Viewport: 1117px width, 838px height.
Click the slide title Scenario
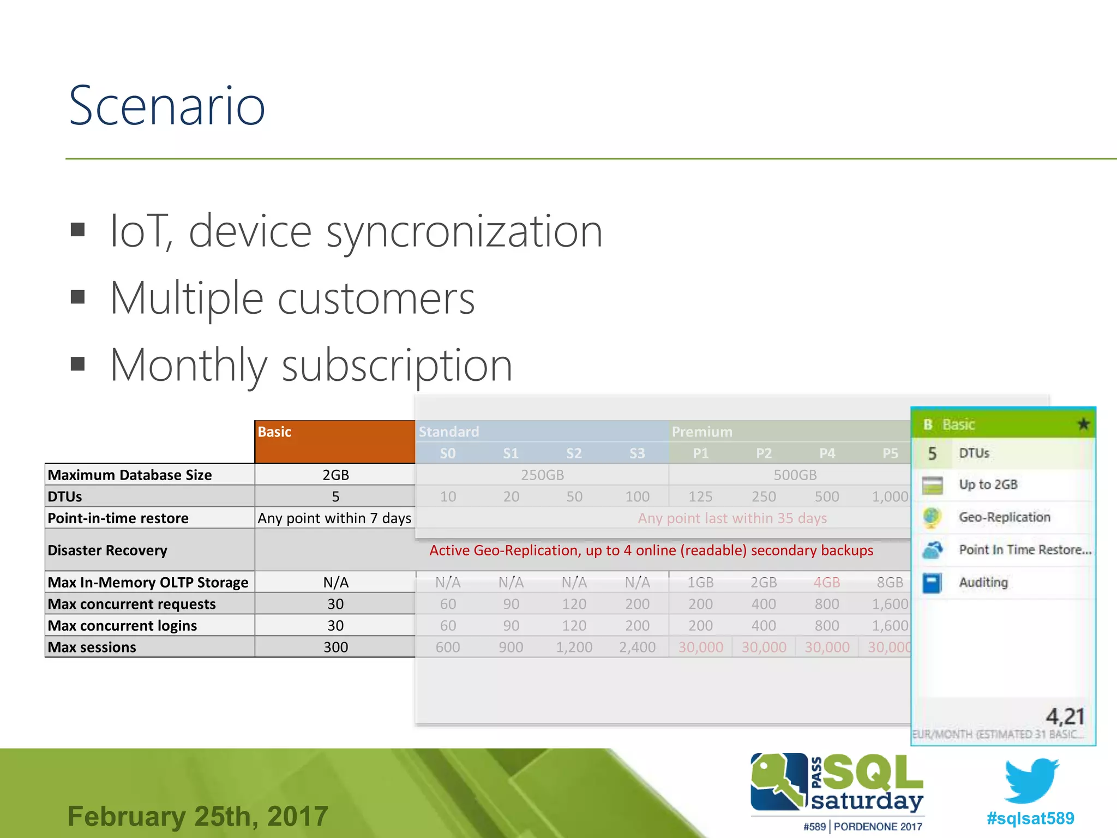pyautogui.click(x=167, y=106)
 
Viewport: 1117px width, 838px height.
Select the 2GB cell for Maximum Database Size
pyautogui.click(x=335, y=475)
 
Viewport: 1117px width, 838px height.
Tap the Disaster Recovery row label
pyautogui.click(x=107, y=550)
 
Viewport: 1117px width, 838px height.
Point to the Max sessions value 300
pyautogui.click(x=335, y=647)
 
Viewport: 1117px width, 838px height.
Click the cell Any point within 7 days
pyautogui.click(x=334, y=518)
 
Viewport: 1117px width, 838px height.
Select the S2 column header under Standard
pyautogui.click(x=574, y=453)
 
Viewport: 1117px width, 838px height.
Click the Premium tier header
pyautogui.click(x=702, y=432)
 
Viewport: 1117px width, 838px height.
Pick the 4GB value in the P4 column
pyautogui.click(x=826, y=582)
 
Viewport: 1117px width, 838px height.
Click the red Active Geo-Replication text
pyautogui.click(x=651, y=550)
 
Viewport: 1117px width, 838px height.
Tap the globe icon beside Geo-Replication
pyautogui.click(x=932, y=517)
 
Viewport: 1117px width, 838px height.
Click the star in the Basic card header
pyautogui.click(x=1083, y=424)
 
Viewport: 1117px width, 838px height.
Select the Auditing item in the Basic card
pyautogui.click(x=983, y=582)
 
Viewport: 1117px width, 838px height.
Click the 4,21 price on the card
pyautogui.click(x=1065, y=716)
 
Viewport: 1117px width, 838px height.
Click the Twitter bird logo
pyautogui.click(x=1031, y=780)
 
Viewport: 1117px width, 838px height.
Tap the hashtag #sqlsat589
pyautogui.click(x=1030, y=818)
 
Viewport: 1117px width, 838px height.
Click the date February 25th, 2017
pyautogui.click(x=197, y=816)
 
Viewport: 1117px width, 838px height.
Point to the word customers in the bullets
pyautogui.click(x=376, y=298)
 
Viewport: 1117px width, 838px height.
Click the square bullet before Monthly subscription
pyautogui.click(x=78, y=364)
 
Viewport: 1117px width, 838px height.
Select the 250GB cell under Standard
pyautogui.click(x=542, y=475)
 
